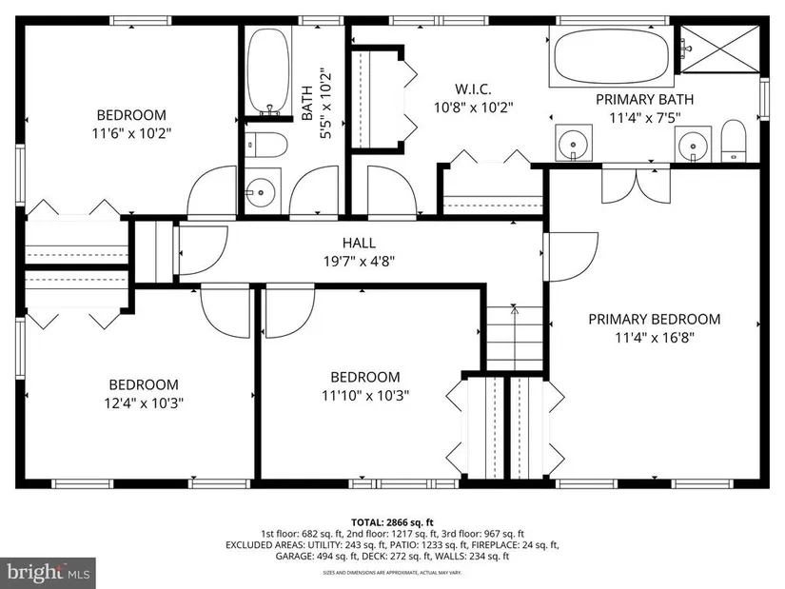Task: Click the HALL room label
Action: coord(359,243)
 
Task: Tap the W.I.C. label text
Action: coord(473,89)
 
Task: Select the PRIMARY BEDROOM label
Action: coord(655,319)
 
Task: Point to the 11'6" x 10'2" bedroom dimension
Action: coord(131,133)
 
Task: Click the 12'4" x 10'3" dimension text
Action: coord(144,402)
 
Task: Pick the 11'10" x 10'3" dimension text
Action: coord(365,395)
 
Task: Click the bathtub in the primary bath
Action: coord(611,56)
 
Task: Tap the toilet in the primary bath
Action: coord(734,141)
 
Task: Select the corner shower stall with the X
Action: coord(720,49)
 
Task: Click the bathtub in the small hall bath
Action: coord(269,70)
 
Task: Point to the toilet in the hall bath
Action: coord(266,146)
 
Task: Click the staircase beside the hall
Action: coord(515,338)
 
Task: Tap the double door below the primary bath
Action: coord(636,184)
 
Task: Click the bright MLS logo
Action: coord(49,573)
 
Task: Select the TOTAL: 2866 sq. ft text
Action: coord(392,523)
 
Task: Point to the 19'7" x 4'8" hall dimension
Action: coord(359,261)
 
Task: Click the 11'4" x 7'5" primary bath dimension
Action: coord(645,118)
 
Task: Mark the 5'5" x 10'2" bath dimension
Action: coord(324,103)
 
